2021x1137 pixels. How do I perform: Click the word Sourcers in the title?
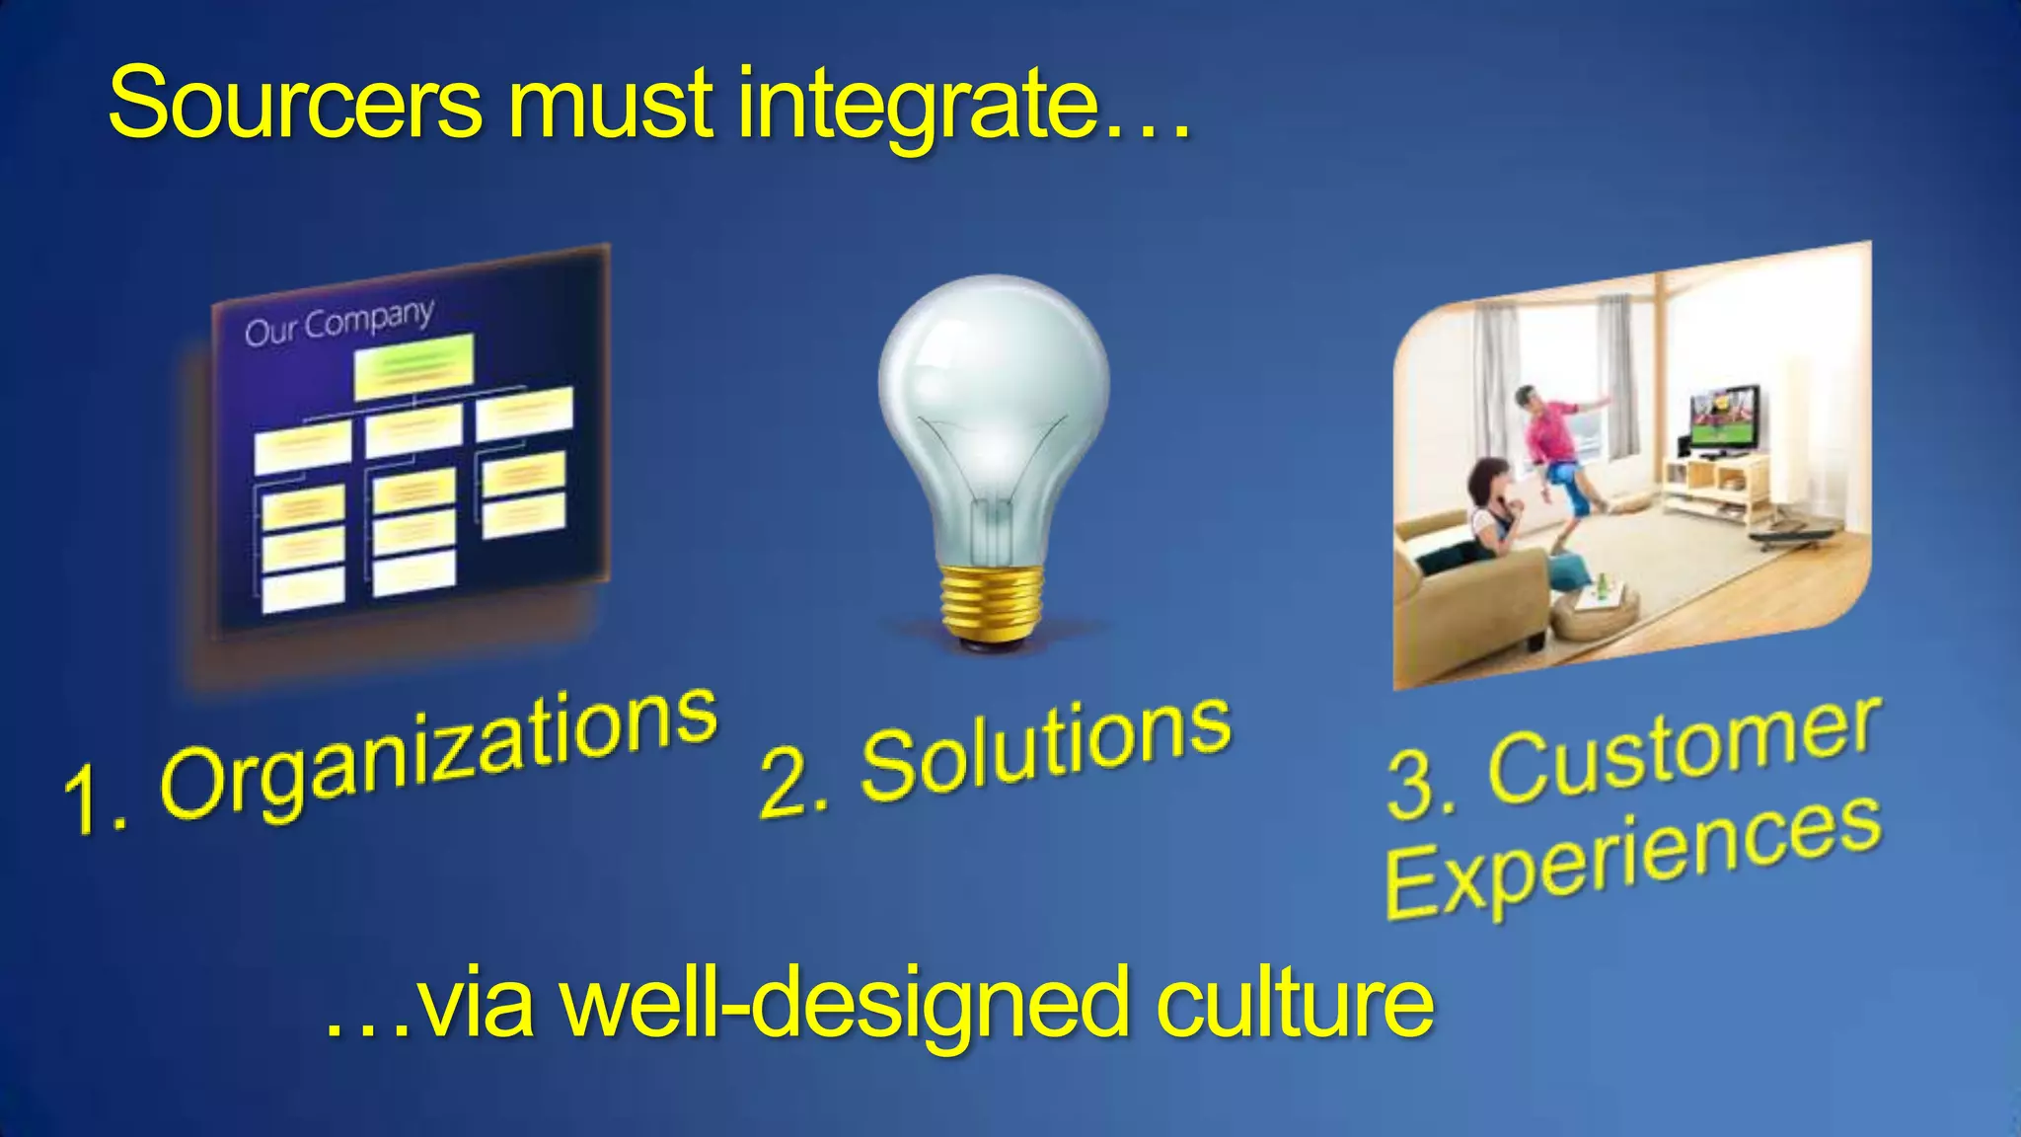pos(294,104)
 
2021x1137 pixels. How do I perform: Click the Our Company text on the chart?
pos(338,322)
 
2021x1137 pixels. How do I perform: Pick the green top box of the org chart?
pos(413,365)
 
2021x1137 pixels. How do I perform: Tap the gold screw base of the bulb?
pos(992,602)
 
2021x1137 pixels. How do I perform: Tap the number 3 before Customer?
pos(1414,785)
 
